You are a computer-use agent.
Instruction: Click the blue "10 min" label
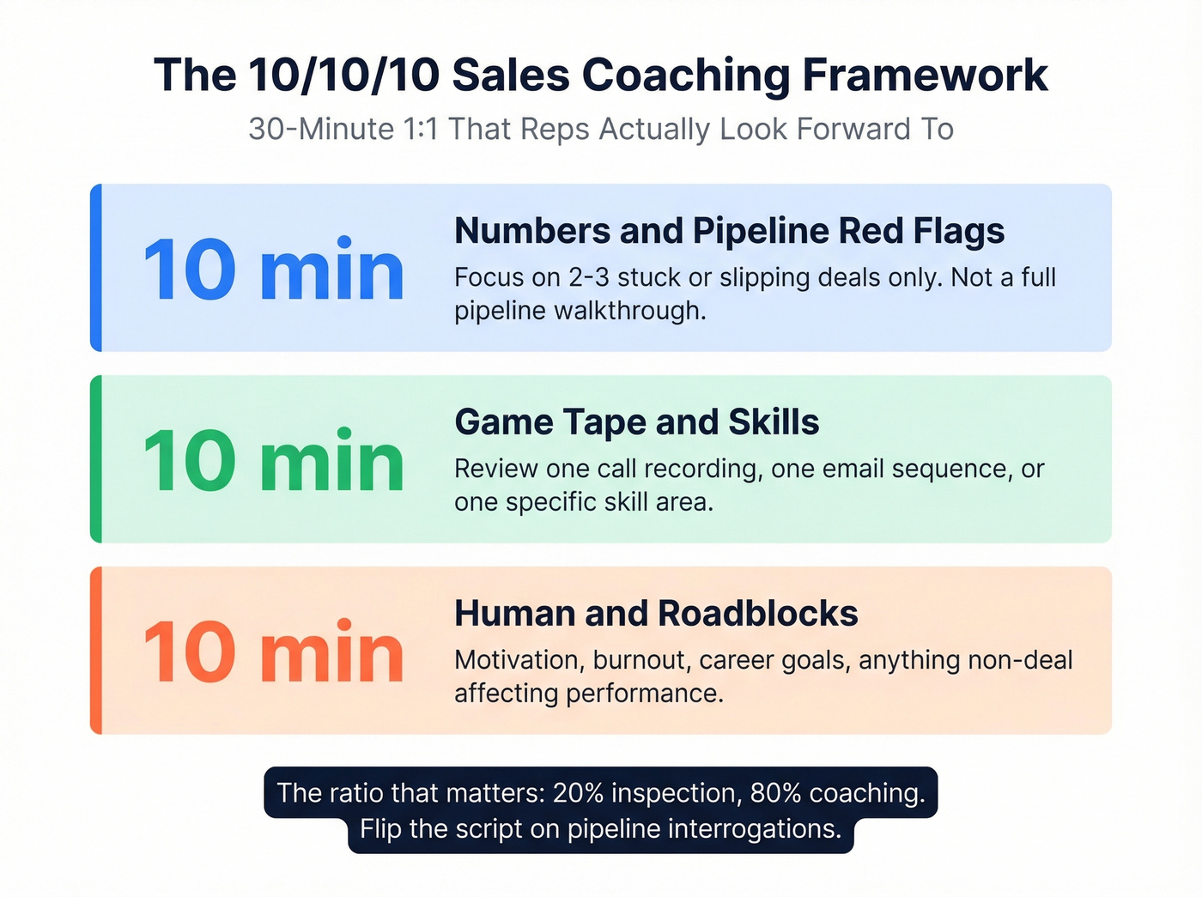[273, 270]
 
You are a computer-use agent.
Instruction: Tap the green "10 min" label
[273, 461]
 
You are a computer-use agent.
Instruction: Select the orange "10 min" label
[273, 652]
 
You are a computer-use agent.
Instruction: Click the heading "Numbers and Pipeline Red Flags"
[729, 231]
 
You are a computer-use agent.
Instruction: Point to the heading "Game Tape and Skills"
[636, 422]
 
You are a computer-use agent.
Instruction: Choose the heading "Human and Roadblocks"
[656, 614]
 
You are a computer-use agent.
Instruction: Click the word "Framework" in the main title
[925, 75]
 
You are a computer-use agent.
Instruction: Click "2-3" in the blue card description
[589, 277]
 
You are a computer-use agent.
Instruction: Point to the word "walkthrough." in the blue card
[630, 311]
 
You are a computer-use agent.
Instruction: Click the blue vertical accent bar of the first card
[96, 267]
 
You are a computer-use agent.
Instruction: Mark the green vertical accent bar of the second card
[96, 458]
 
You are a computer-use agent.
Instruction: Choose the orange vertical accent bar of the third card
[96, 650]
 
